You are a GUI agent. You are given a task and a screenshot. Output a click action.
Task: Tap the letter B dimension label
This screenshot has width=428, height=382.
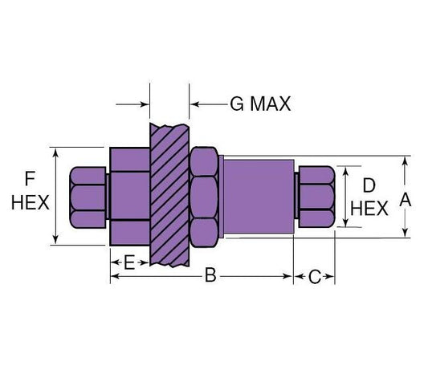click(x=210, y=276)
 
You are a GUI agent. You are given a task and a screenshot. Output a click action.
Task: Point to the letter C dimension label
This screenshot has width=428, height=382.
click(x=315, y=276)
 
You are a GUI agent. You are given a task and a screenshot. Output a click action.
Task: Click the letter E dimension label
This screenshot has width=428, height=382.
click(x=128, y=263)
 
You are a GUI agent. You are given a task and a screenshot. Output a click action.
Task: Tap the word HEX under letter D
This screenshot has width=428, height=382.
click(x=370, y=208)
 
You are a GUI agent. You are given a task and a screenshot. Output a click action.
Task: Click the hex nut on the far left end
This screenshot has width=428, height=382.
click(x=88, y=197)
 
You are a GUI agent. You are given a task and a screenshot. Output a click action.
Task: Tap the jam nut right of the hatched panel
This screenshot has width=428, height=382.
click(x=204, y=196)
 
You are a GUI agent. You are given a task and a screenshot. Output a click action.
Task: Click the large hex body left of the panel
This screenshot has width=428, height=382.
click(x=128, y=196)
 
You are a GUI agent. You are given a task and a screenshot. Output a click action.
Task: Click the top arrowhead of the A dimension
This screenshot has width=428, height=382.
click(x=406, y=160)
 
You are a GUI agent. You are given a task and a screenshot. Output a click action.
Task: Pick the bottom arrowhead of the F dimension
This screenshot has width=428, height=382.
click(x=55, y=238)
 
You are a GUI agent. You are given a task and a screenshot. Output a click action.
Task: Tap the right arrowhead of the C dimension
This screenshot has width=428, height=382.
click(x=331, y=276)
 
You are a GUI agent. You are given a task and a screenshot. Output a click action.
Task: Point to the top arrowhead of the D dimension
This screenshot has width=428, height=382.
click(x=346, y=171)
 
